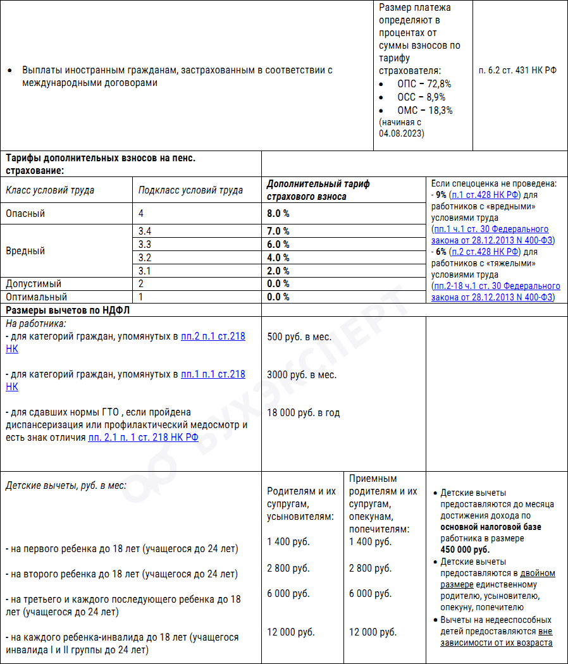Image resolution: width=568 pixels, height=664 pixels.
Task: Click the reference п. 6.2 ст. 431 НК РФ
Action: tap(518, 70)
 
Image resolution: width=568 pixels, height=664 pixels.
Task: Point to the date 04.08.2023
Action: tap(402, 133)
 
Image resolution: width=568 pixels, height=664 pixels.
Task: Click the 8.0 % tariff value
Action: tap(278, 214)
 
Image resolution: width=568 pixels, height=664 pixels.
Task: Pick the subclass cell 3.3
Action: tap(145, 244)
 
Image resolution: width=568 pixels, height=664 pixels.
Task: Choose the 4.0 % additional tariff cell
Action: tap(278, 257)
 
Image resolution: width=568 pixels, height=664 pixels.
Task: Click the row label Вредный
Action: tap(25, 250)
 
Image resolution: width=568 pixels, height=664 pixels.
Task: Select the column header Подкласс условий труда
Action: tap(190, 190)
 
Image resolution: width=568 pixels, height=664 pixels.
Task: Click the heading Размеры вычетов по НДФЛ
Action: tap(68, 310)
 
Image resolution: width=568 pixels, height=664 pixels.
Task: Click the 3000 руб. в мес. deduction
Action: tap(302, 374)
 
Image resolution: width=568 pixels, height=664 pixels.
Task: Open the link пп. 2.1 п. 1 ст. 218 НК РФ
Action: tap(144, 437)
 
